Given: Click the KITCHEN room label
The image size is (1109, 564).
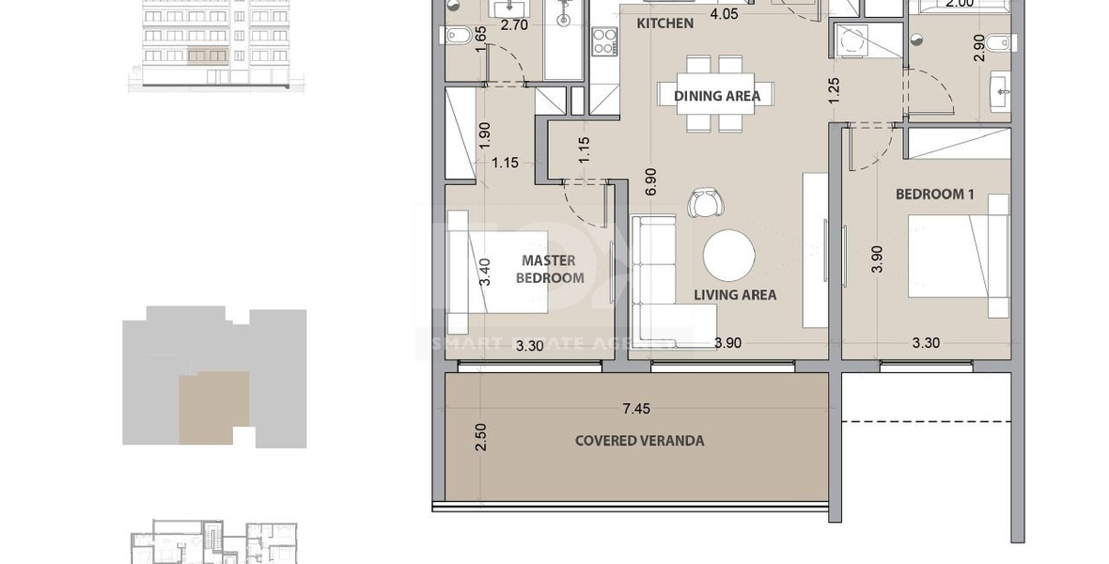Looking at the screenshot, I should point(664,23).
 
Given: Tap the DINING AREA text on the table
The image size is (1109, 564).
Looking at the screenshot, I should point(716,95).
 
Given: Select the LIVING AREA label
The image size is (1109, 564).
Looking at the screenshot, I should point(735,295).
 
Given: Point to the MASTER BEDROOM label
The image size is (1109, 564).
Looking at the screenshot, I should point(550,269).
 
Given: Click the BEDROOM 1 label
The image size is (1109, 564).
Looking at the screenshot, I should point(934,195).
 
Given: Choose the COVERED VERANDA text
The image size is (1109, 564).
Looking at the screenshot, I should point(639,441).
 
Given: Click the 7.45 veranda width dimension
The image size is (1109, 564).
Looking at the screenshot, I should point(636,408).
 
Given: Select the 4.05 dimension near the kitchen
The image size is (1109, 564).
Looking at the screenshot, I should point(724,14).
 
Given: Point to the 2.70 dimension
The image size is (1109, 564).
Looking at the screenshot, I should point(513,25).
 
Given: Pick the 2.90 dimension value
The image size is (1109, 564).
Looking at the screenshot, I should point(979,47).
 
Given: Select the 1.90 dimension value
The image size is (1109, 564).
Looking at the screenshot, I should point(485,135).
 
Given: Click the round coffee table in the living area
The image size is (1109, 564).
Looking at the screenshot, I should point(728,256).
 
